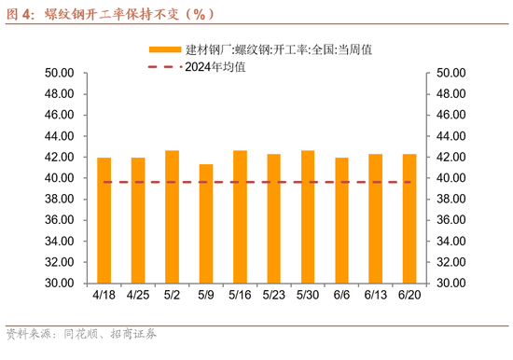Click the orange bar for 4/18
pyautogui.click(x=104, y=220)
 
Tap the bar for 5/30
pyautogui.click(x=308, y=216)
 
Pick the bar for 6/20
pyautogui.click(x=409, y=218)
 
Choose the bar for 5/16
pyautogui.click(x=240, y=216)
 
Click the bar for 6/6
pyautogui.click(x=341, y=220)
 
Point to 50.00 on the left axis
pyautogui.click(x=60, y=73)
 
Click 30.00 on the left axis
pyautogui.click(x=60, y=284)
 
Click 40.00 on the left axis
pyautogui.click(x=60, y=178)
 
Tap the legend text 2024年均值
pyautogui.click(x=215, y=66)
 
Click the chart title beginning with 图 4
pyautogui.click(x=112, y=13)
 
